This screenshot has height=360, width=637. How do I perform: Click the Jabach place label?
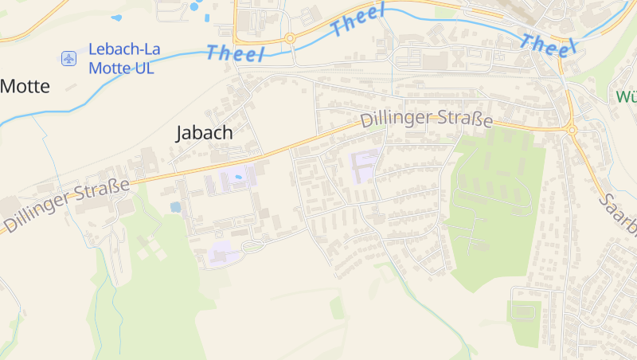[x=205, y=133]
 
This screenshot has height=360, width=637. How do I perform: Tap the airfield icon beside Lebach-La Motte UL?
[x=69, y=58]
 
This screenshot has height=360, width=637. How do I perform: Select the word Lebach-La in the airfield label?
[x=124, y=49]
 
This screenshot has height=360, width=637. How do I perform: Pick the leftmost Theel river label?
[x=235, y=53]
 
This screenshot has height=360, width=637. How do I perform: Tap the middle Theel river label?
[x=358, y=20]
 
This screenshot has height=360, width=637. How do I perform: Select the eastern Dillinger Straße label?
[x=426, y=120]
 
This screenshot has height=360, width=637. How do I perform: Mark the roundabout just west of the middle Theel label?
[x=290, y=37]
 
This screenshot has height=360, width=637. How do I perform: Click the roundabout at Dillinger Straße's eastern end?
[x=571, y=129]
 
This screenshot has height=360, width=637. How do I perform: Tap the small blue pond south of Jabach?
[x=175, y=207]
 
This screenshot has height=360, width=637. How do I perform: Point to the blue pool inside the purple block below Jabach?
[x=237, y=176]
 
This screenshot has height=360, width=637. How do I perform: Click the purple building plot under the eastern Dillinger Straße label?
[x=365, y=165]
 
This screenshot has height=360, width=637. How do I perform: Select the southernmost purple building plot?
[x=223, y=254]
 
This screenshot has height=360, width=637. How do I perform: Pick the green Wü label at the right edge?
[x=627, y=97]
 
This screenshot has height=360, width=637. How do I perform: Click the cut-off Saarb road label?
[x=619, y=215]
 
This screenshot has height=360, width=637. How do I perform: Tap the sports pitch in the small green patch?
[x=525, y=311]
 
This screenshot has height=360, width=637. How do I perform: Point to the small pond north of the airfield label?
[x=117, y=18]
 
